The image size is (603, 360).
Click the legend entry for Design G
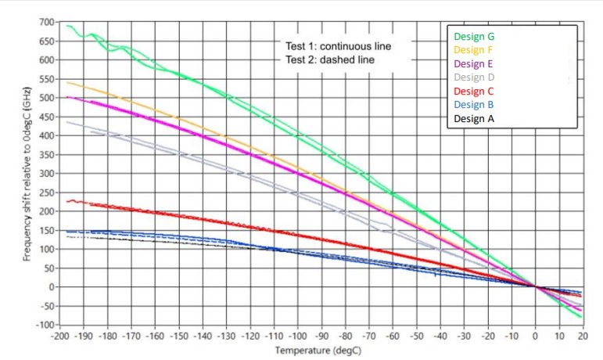(474, 36)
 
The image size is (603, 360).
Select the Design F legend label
(473, 50)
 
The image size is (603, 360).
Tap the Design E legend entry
(473, 63)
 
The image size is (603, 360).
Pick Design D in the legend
(474, 77)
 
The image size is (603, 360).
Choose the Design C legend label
(473, 91)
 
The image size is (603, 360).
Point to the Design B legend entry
(473, 105)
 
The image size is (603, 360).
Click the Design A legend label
(474, 119)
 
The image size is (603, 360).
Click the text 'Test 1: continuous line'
(337, 45)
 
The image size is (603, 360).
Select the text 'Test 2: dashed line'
(329, 59)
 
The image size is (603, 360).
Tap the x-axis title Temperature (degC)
(318, 350)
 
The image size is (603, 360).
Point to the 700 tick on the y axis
(46, 22)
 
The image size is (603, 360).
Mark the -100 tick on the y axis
(45, 324)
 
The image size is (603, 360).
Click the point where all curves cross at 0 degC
(536, 286)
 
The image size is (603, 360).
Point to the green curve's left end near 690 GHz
(67, 26)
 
